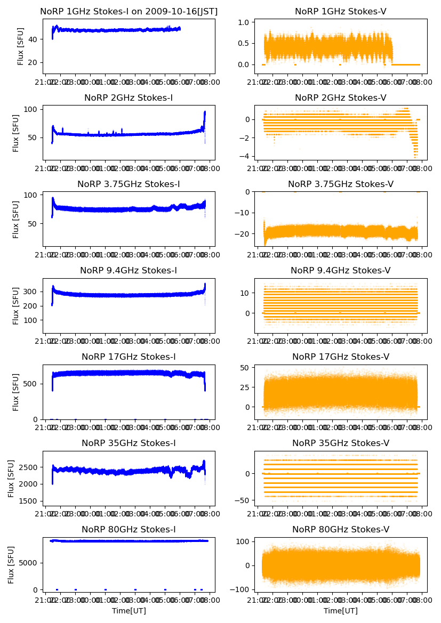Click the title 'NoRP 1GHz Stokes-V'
point(340,11)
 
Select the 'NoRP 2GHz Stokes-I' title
point(129,98)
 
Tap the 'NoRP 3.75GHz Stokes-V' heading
point(340,184)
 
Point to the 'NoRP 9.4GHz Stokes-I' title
point(129,270)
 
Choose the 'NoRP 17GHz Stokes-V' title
point(340,357)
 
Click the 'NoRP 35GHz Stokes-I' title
point(129,443)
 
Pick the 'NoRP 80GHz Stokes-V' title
point(340,529)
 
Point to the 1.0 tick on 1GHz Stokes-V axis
point(245,22)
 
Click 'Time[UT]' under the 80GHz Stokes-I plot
point(129,611)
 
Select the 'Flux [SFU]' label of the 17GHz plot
point(16,392)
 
